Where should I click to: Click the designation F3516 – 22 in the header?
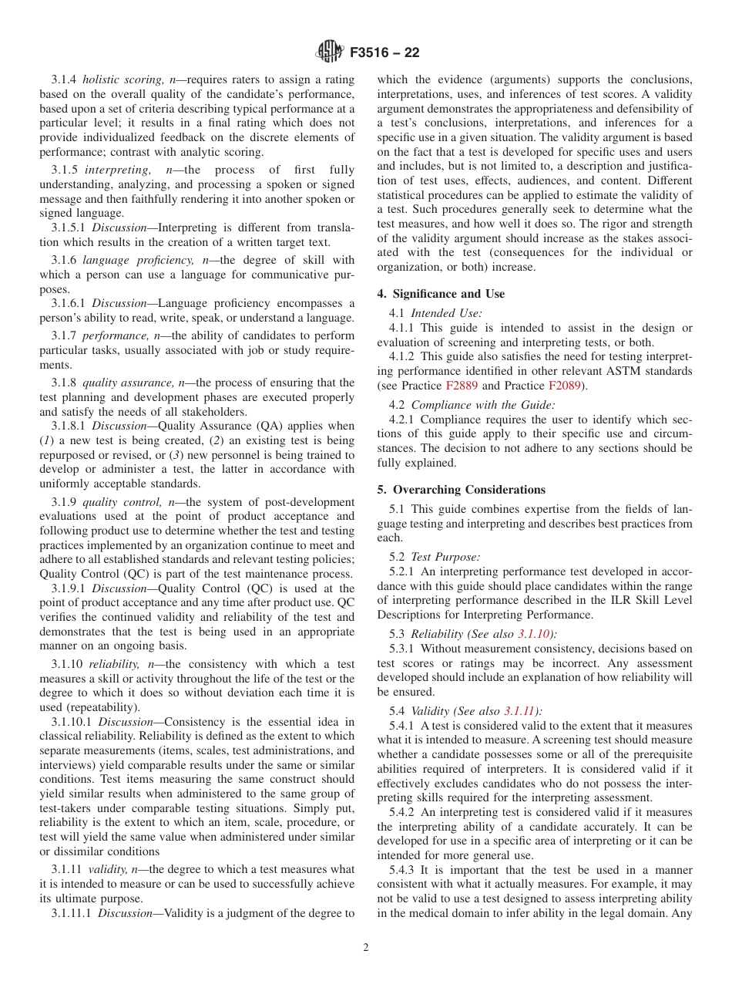pos(384,53)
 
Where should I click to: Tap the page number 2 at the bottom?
pos(366,948)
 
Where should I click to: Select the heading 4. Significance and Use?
pos(441,294)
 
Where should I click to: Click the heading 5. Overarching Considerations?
pos(461,490)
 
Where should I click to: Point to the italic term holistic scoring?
pos(124,79)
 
